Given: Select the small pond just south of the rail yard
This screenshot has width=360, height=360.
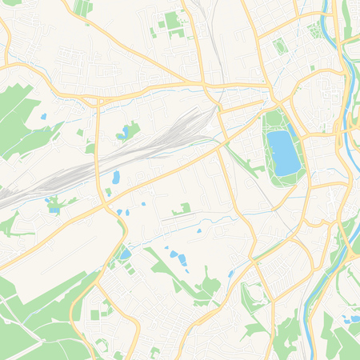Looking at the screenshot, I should coord(116,177).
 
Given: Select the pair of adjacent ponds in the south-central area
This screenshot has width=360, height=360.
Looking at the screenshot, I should coord(178,257).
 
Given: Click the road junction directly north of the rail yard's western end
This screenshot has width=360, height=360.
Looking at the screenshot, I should coord(96,102).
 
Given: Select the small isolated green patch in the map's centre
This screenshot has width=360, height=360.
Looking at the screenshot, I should coord(184,208).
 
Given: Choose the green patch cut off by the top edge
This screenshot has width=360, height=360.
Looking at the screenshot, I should coord(82,6).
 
